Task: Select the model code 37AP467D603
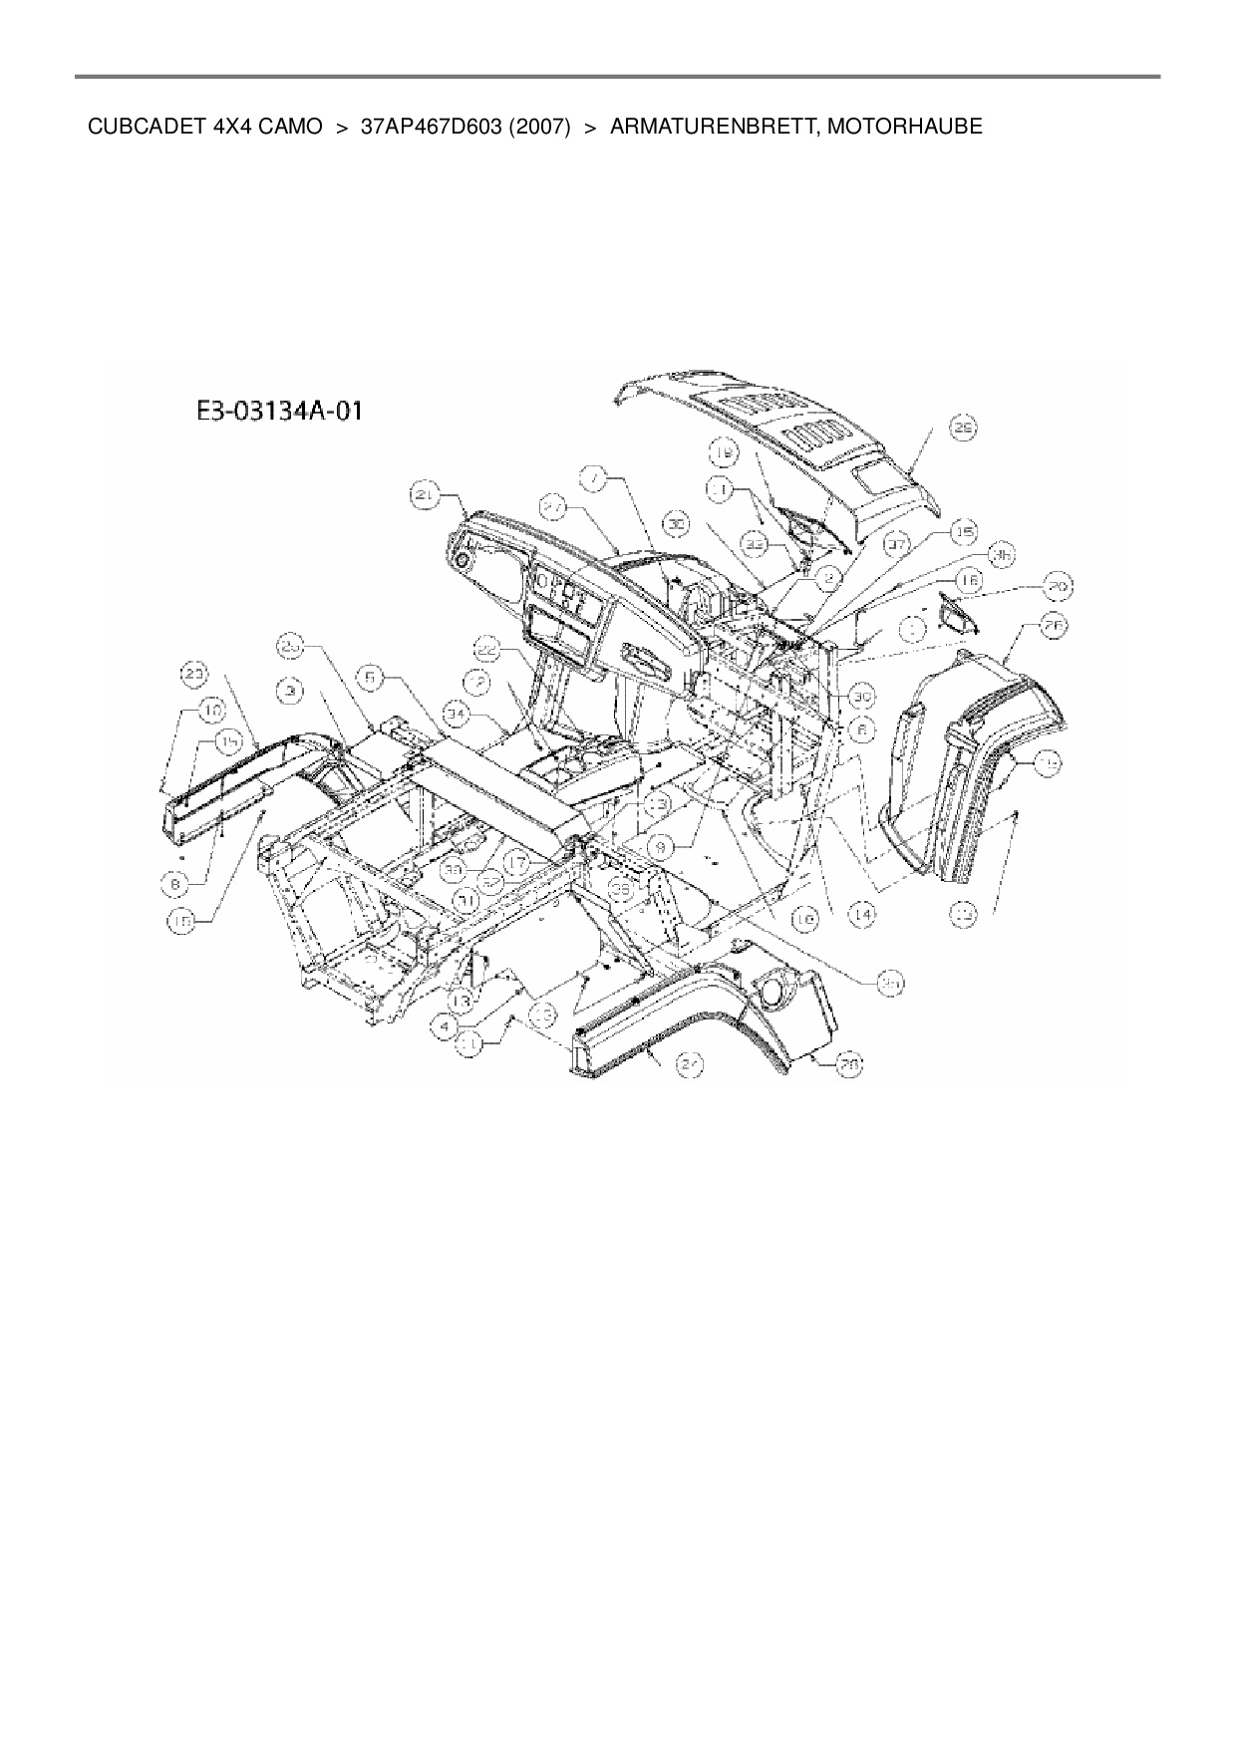point(431,127)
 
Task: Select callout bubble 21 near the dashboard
point(425,495)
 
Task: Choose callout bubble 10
point(211,710)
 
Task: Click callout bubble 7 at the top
point(594,479)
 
